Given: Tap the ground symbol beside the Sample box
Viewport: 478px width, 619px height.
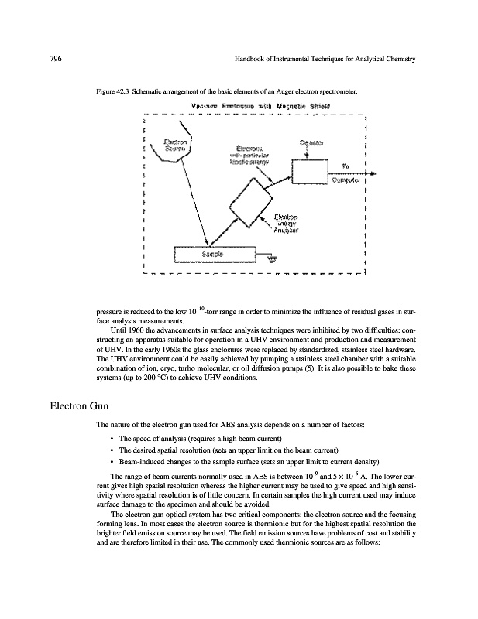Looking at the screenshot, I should coord(270,261).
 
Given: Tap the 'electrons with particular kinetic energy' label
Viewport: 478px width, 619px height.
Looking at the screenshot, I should coord(246,156).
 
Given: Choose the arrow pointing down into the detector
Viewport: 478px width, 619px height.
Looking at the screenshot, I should coord(309,153).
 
